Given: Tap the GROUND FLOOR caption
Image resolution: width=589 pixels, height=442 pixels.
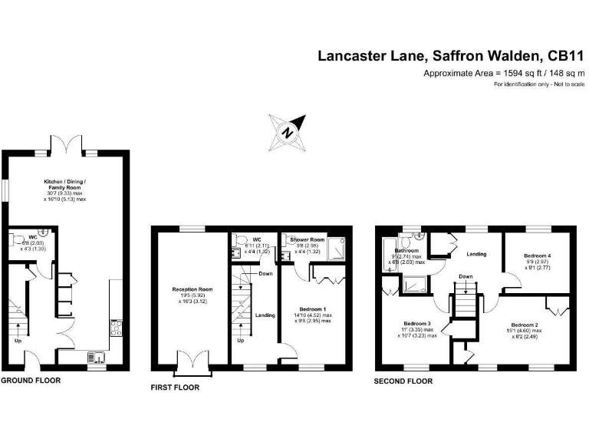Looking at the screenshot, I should pyautogui.click(x=31, y=380).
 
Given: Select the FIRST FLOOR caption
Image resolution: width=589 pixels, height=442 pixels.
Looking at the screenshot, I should pyautogui.click(x=175, y=388).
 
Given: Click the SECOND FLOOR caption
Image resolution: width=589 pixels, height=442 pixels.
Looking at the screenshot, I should pyautogui.click(x=403, y=381).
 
